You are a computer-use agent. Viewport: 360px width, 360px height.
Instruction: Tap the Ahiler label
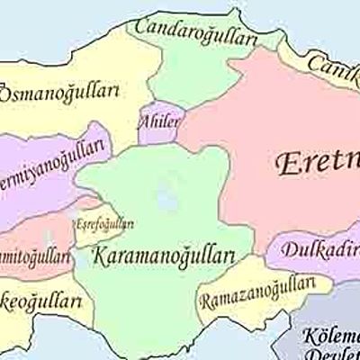point(159,121)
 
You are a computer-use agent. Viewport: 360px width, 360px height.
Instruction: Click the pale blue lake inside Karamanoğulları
point(164,191)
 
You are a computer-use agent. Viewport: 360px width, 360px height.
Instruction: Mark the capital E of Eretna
point(282,165)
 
